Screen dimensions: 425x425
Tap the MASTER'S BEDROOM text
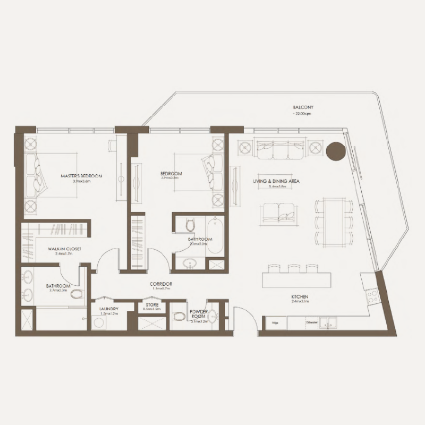pos(81,175)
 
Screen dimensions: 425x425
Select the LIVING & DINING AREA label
pos(277,181)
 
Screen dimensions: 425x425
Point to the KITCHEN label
pos(300,296)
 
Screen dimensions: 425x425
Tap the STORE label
pos(152,305)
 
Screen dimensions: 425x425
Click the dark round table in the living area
pos(336,152)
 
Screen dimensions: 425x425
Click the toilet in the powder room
pos(180,317)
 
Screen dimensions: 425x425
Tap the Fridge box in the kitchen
pos(276,322)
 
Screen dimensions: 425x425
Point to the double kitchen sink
pos(328,322)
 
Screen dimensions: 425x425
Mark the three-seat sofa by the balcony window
pos(279,149)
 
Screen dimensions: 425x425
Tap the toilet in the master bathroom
pos(76,294)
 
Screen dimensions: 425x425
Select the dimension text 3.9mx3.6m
pos(81,181)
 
